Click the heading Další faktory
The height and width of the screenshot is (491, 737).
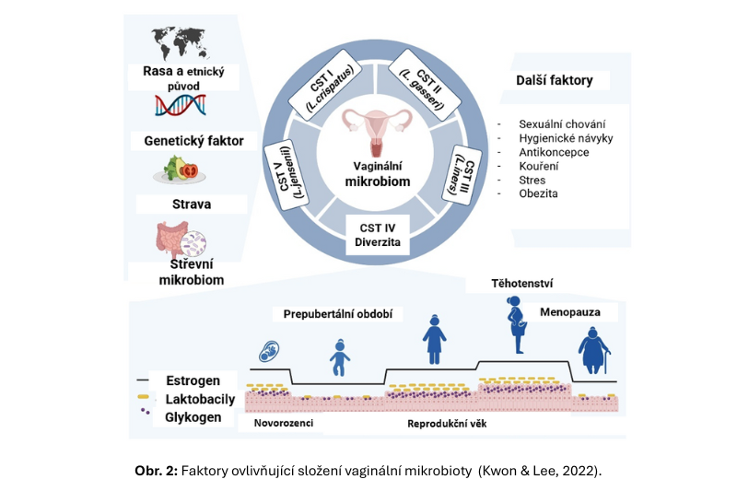click(554, 80)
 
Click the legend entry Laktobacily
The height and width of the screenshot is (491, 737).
click(200, 399)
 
